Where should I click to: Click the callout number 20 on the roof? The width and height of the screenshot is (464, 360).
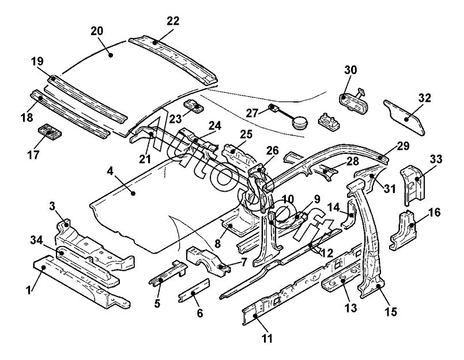97,31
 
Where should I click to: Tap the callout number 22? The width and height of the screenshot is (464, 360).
173,21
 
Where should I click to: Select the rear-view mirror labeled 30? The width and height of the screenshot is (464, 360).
352,100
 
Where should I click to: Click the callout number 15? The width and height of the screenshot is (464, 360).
390,312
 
